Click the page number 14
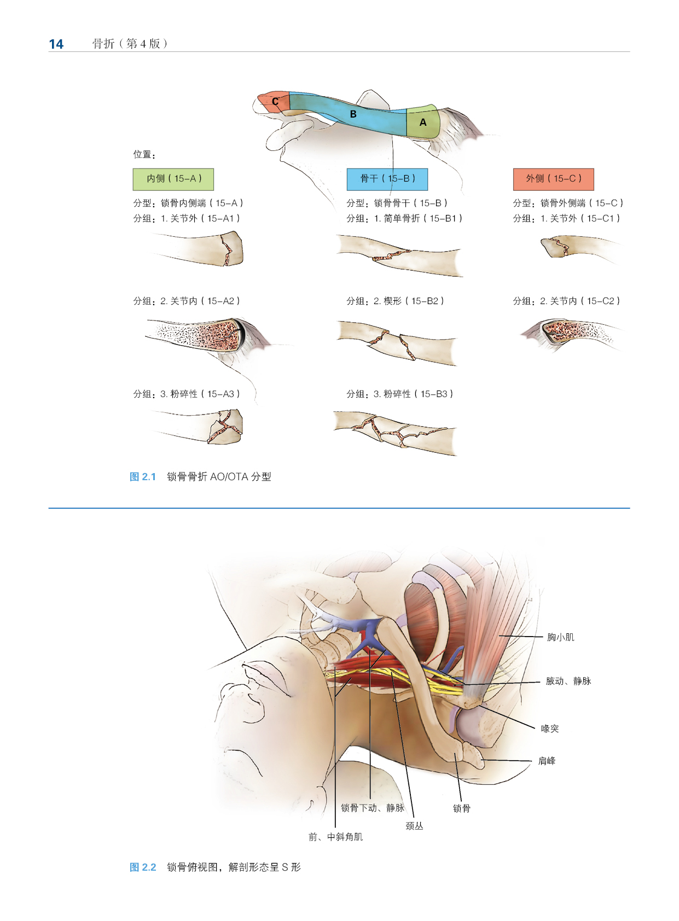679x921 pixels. coord(56,44)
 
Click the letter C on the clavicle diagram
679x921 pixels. coord(275,102)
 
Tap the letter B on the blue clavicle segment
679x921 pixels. coord(353,114)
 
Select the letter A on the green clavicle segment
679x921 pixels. coord(423,123)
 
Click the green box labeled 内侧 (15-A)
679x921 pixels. coord(173,179)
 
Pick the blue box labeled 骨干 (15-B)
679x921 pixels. coord(387,179)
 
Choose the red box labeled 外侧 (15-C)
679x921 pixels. coord(553,179)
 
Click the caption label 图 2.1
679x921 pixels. coord(143,477)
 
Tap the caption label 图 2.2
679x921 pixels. coord(143,867)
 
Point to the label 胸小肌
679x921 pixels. coord(560,637)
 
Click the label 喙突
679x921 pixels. coord(549,728)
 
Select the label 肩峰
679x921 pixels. coord(547,761)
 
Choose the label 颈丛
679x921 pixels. coord(414,826)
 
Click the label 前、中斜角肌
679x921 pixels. coord(335,837)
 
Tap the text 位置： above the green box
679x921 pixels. coord(144,155)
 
